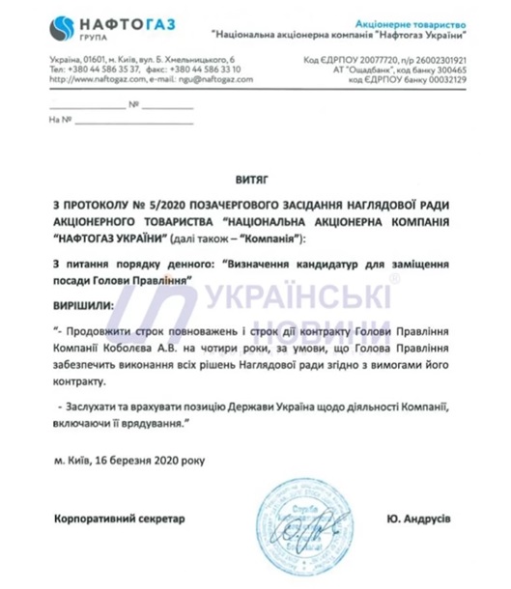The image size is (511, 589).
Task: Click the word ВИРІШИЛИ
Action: point(81,304)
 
